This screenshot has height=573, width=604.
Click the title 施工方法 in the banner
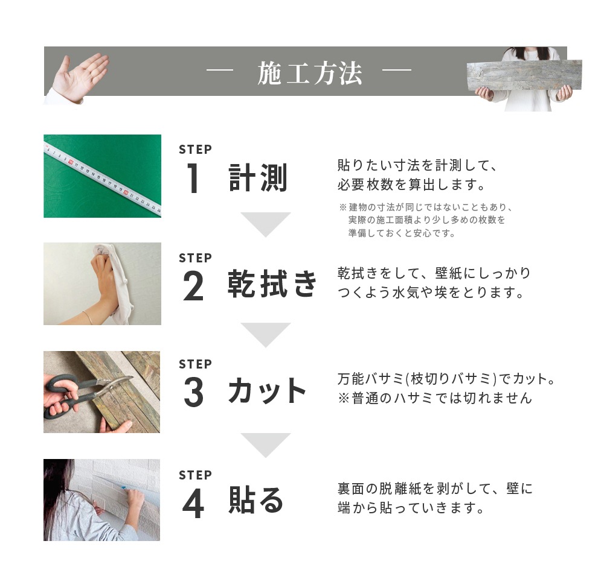[x=309, y=74]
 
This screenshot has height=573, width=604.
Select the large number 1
[x=193, y=179]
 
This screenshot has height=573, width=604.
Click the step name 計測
[x=258, y=178]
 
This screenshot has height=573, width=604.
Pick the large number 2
[x=193, y=287]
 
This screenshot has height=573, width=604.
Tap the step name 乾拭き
[x=272, y=283]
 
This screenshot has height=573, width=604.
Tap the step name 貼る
[x=256, y=501]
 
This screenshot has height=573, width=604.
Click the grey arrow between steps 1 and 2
[x=266, y=224]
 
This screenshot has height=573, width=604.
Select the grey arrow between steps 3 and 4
[x=266, y=445]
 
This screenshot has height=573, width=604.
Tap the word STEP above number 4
[x=195, y=475]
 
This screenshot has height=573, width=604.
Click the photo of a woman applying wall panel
[x=102, y=500]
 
